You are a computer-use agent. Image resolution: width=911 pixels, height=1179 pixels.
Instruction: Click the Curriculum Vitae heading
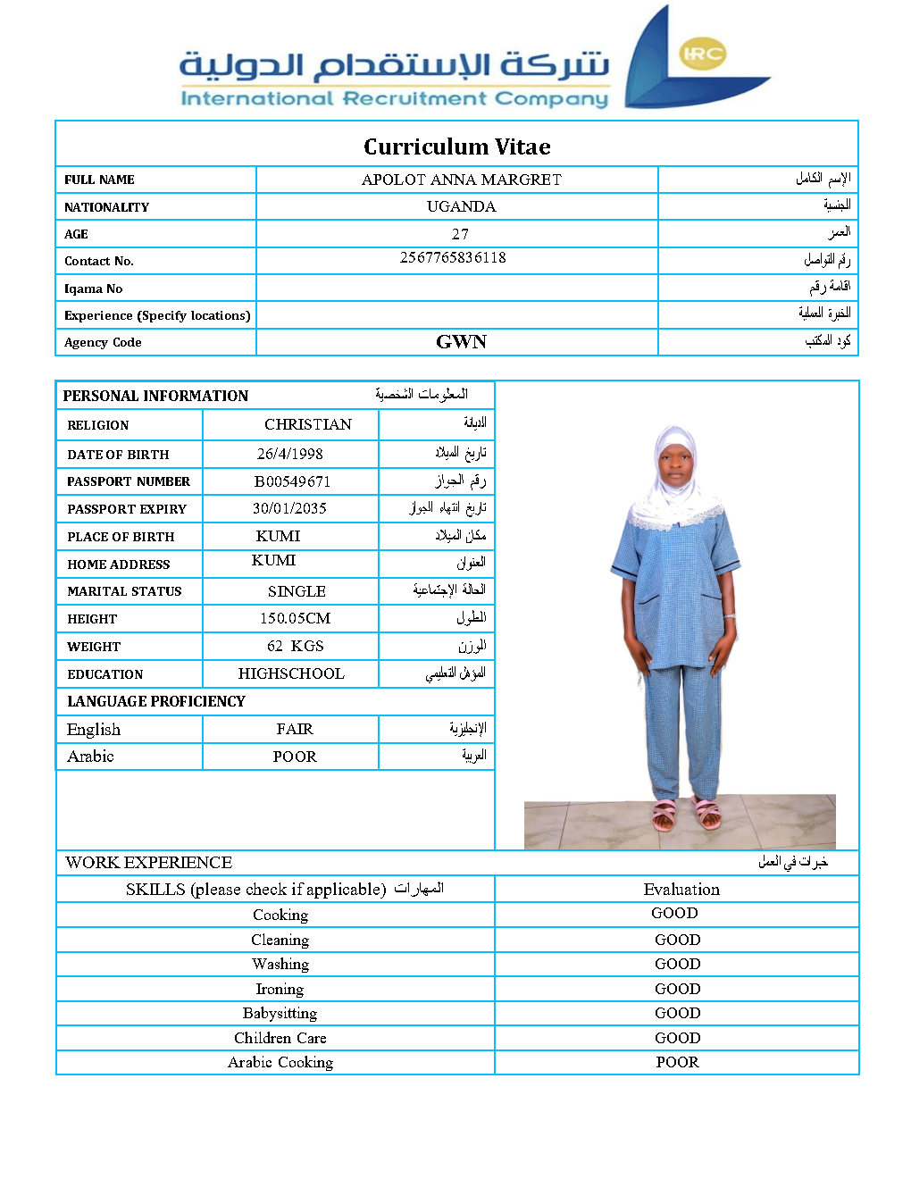click(x=456, y=146)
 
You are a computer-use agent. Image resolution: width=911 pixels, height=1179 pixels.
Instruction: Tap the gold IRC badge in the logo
click(x=703, y=54)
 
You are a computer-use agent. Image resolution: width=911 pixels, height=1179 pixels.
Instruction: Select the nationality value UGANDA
click(x=461, y=206)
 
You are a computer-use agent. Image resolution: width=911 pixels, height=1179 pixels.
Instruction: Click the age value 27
click(x=460, y=234)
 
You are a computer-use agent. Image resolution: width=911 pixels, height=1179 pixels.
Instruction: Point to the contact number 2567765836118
click(x=453, y=257)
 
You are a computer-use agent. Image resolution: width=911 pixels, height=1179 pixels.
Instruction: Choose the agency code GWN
click(x=461, y=342)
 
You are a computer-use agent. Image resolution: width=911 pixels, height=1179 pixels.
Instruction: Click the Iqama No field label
click(x=94, y=288)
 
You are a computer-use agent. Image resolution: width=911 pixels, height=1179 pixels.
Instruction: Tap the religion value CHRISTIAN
click(x=308, y=424)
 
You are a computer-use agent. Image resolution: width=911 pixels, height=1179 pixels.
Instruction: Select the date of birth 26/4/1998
click(x=290, y=454)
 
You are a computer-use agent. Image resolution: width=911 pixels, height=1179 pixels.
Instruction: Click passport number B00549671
click(x=292, y=481)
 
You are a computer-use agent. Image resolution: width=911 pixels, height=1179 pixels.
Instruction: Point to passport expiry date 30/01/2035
click(x=289, y=508)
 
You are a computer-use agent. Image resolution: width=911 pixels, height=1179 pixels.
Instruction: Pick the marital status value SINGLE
click(x=297, y=591)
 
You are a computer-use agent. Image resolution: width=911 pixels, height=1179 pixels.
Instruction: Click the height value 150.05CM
click(x=295, y=618)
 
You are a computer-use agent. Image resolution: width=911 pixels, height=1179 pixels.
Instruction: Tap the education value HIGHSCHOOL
click(x=291, y=673)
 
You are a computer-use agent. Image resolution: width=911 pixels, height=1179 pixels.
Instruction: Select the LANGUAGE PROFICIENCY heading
click(x=156, y=701)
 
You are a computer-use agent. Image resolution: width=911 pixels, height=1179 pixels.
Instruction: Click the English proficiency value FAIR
click(x=295, y=729)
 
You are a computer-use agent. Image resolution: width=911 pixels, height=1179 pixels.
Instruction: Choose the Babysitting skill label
click(x=280, y=1013)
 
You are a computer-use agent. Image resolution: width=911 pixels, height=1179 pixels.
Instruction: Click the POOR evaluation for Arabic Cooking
click(x=677, y=1062)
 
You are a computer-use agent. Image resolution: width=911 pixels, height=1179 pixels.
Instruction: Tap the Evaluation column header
click(x=681, y=889)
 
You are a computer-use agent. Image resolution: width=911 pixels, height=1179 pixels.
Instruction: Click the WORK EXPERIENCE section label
click(x=149, y=862)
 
